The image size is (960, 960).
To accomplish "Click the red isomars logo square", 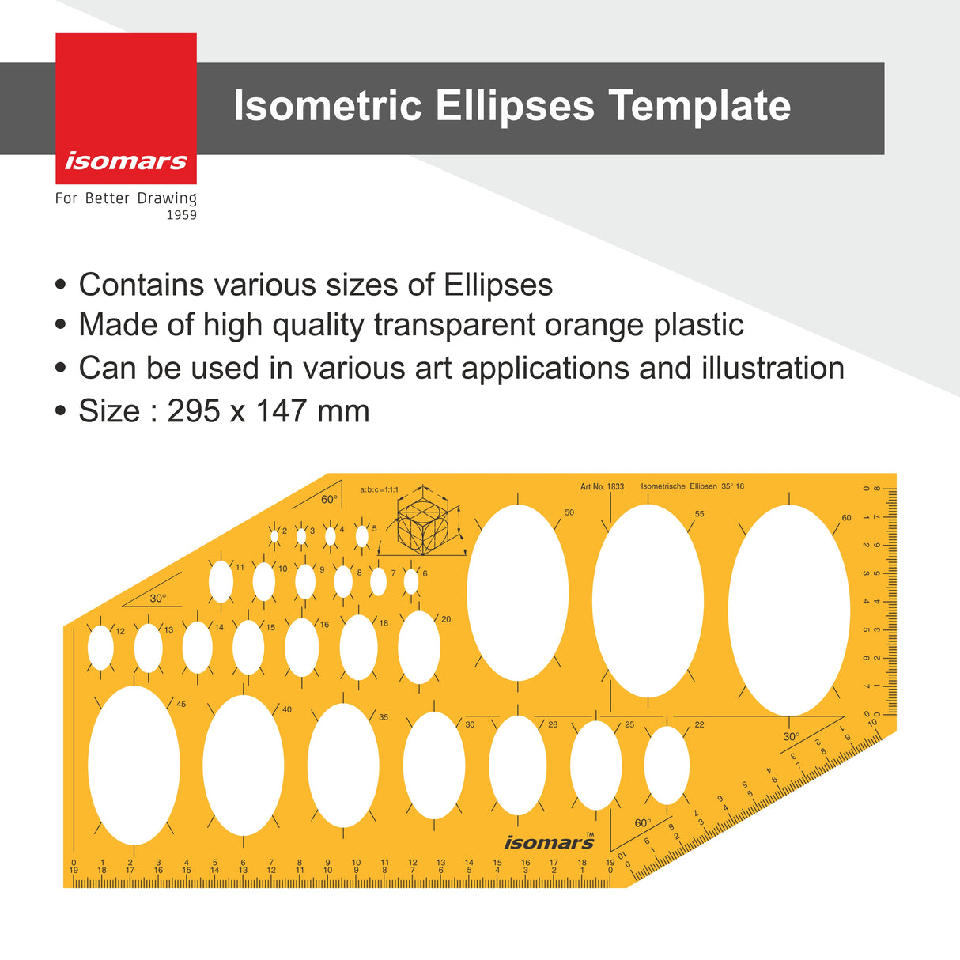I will tap(126, 108).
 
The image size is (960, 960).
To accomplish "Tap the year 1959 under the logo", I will tap(181, 215).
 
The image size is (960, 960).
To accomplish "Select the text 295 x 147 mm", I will tap(268, 411).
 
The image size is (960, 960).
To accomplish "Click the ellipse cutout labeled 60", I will tap(789, 610).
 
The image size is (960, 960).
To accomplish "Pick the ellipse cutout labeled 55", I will tap(648, 601).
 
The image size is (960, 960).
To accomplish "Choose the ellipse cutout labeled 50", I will tap(517, 593).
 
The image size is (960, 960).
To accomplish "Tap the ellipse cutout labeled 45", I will tap(134, 765).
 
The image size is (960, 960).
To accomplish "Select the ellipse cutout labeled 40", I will tap(243, 765).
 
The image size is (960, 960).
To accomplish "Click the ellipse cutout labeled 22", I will tap(667, 765).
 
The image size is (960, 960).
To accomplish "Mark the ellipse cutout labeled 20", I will tap(418, 647).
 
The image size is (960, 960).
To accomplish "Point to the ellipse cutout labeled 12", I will tap(100, 648).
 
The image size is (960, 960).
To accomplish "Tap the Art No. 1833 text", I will tap(602, 487).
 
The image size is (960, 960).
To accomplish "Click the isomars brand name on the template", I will tap(549, 843).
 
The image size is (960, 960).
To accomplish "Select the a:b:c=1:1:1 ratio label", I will tap(380, 490).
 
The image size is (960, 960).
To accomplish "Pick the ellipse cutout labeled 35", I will tap(343, 765).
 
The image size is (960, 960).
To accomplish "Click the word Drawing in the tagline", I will tap(167, 198).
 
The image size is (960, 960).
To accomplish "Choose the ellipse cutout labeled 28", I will tap(517, 765).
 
